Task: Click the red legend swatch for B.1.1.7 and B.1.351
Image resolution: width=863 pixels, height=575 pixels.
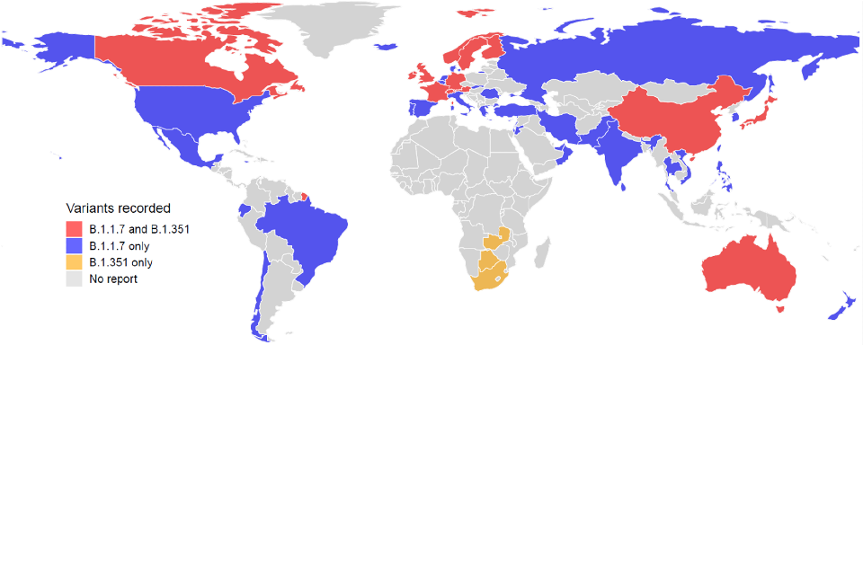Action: click(74, 229)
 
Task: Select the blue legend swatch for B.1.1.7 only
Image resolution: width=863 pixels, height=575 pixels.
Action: click(74, 246)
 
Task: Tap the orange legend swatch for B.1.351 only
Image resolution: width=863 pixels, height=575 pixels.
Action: click(74, 262)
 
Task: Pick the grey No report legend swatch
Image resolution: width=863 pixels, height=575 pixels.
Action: click(74, 279)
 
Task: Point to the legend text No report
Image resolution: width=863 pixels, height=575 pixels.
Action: click(113, 279)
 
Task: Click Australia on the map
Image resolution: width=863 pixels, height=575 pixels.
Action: click(751, 270)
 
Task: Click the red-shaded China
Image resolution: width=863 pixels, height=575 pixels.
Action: click(670, 121)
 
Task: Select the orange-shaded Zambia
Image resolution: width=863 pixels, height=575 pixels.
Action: click(494, 241)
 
